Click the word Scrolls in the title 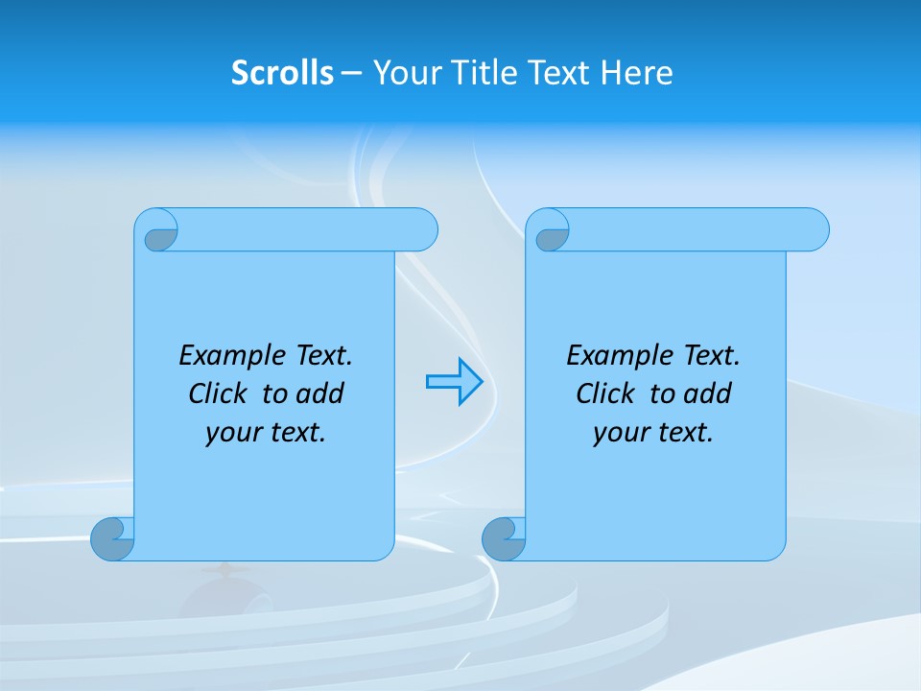[x=283, y=73]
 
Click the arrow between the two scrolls [x=454, y=382]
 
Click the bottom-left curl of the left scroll [x=111, y=537]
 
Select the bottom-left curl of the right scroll [x=503, y=538]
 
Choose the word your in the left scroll [x=231, y=433]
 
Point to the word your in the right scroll [x=619, y=433]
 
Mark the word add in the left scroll [x=320, y=393]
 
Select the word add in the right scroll [x=708, y=393]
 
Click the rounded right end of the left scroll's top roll [x=422, y=230]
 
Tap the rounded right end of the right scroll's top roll [x=814, y=230]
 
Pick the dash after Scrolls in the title [x=352, y=73]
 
